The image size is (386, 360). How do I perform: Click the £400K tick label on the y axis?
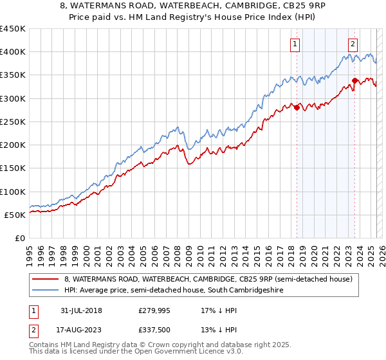tap(13, 52)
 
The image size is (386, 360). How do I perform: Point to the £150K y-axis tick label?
tap(13, 168)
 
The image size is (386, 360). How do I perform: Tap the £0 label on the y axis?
tap(19, 238)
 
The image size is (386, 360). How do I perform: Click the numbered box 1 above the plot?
tap(295, 44)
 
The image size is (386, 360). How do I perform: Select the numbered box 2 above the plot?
tap(353, 44)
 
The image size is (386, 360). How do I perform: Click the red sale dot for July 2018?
tap(297, 108)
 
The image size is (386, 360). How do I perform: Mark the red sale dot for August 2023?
tap(354, 81)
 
